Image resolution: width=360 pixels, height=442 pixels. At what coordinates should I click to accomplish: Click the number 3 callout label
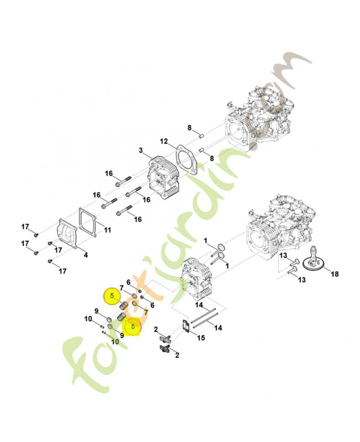(141, 150)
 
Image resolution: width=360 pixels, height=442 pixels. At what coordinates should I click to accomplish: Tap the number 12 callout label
(164, 141)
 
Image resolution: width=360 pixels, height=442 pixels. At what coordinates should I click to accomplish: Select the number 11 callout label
(107, 230)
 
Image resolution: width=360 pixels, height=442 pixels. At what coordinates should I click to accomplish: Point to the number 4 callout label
(84, 255)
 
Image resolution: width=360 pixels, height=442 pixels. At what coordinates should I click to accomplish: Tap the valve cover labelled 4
(67, 236)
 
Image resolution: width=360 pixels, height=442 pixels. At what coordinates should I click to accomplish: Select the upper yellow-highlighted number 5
(112, 296)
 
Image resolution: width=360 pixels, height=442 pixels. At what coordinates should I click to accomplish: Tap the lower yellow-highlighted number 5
(133, 327)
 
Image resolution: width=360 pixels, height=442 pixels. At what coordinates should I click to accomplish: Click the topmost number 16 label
(109, 173)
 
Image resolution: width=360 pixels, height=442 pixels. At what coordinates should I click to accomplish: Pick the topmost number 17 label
(25, 227)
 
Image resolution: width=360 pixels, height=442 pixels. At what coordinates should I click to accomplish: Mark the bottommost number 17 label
(63, 271)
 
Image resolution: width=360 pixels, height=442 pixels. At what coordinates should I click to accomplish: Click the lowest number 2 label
(177, 355)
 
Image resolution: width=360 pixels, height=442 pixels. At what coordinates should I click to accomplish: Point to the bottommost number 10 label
(115, 341)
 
